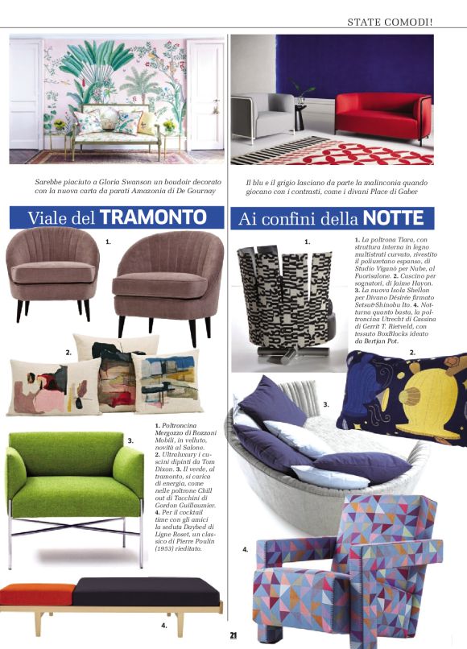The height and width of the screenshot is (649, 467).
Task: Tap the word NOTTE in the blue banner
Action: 393,217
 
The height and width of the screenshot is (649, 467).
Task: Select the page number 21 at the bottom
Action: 233,635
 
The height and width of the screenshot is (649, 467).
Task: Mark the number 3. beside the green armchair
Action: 130,440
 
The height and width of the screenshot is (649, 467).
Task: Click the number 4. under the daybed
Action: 163,624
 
